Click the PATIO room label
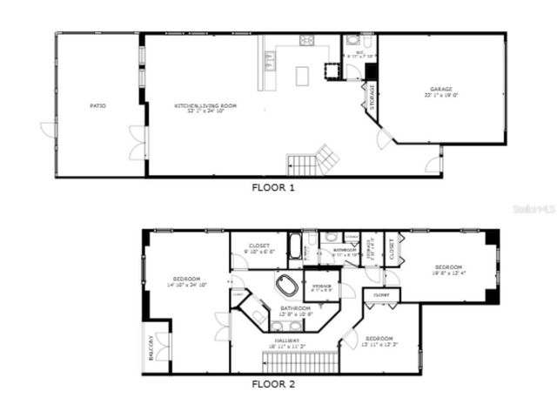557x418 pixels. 98,105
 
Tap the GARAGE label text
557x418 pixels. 441,89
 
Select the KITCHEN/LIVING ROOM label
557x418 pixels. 205,105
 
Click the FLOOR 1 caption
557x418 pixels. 273,186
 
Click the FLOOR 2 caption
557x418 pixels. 273,383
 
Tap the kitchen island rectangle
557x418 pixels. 302,77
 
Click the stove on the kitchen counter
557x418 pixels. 308,40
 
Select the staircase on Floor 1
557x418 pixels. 310,161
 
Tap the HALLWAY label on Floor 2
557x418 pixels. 287,340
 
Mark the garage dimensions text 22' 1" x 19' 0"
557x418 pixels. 441,96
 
